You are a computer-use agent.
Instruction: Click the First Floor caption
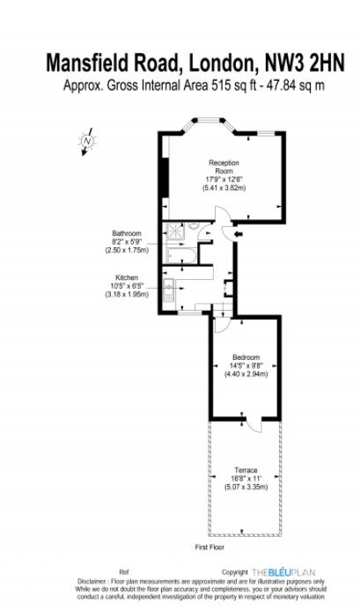tap(209, 548)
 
